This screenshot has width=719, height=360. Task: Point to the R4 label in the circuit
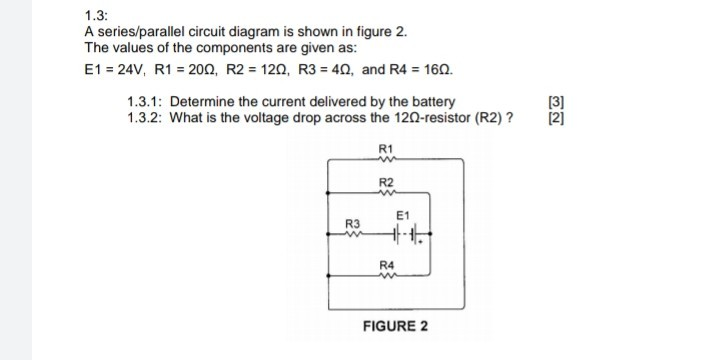[387, 263]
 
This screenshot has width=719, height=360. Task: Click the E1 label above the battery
[402, 215]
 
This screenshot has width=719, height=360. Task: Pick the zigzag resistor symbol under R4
[387, 274]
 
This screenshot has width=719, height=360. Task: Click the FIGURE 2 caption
[394, 327]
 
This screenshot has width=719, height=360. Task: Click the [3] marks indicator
[557, 102]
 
